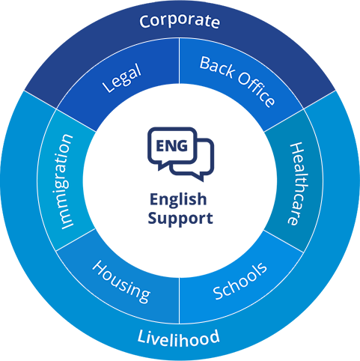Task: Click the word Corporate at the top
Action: [180, 21]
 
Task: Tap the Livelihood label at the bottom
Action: [179, 338]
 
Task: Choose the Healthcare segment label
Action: [293, 183]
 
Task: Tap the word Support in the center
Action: [180, 219]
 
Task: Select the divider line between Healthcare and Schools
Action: [283, 241]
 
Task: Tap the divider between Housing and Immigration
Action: [76, 241]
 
